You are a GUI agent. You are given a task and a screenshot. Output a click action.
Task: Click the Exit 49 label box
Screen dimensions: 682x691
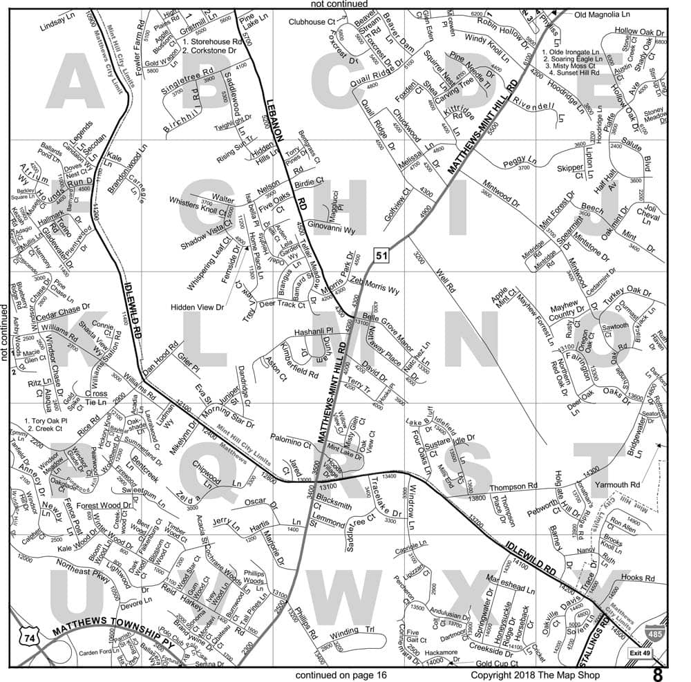click(x=641, y=652)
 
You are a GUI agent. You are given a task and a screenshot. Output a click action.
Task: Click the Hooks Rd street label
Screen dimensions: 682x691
click(x=637, y=578)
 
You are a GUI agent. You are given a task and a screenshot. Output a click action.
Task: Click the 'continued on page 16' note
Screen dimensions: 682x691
click(x=341, y=674)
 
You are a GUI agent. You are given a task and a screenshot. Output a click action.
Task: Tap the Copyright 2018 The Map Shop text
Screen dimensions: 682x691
click(x=536, y=674)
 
